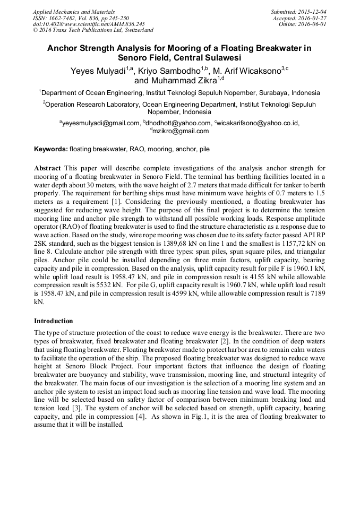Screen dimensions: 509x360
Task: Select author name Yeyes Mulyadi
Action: (x=99, y=70)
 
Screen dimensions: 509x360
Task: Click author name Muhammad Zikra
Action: (x=183, y=81)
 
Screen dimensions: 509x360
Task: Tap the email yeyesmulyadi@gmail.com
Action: (x=100, y=123)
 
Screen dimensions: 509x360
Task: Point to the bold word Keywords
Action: (x=50, y=149)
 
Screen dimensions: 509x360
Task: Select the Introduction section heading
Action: (x=54, y=321)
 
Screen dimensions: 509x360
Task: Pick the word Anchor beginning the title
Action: (x=63, y=48)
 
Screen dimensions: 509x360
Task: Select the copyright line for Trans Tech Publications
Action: (x=93, y=30)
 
